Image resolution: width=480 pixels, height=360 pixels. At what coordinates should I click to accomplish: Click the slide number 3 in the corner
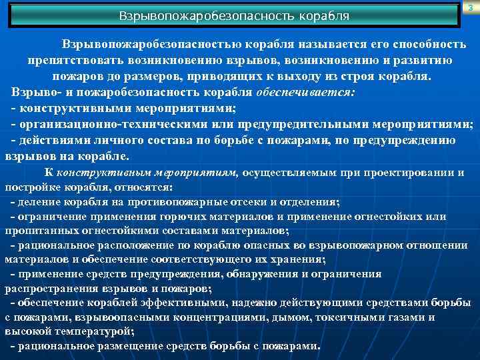tap(471, 7)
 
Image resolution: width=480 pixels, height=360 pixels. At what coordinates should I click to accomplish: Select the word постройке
tap(31, 187)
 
